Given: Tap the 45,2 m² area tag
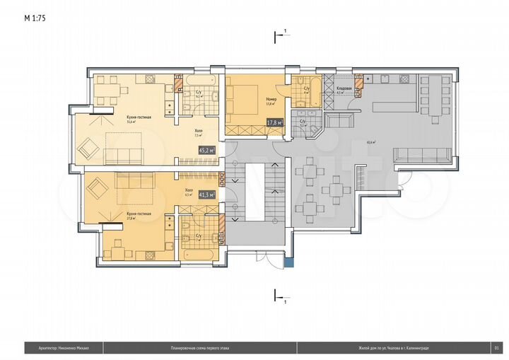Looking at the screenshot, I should coord(208,150).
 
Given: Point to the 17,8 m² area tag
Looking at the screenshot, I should coord(274,122).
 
